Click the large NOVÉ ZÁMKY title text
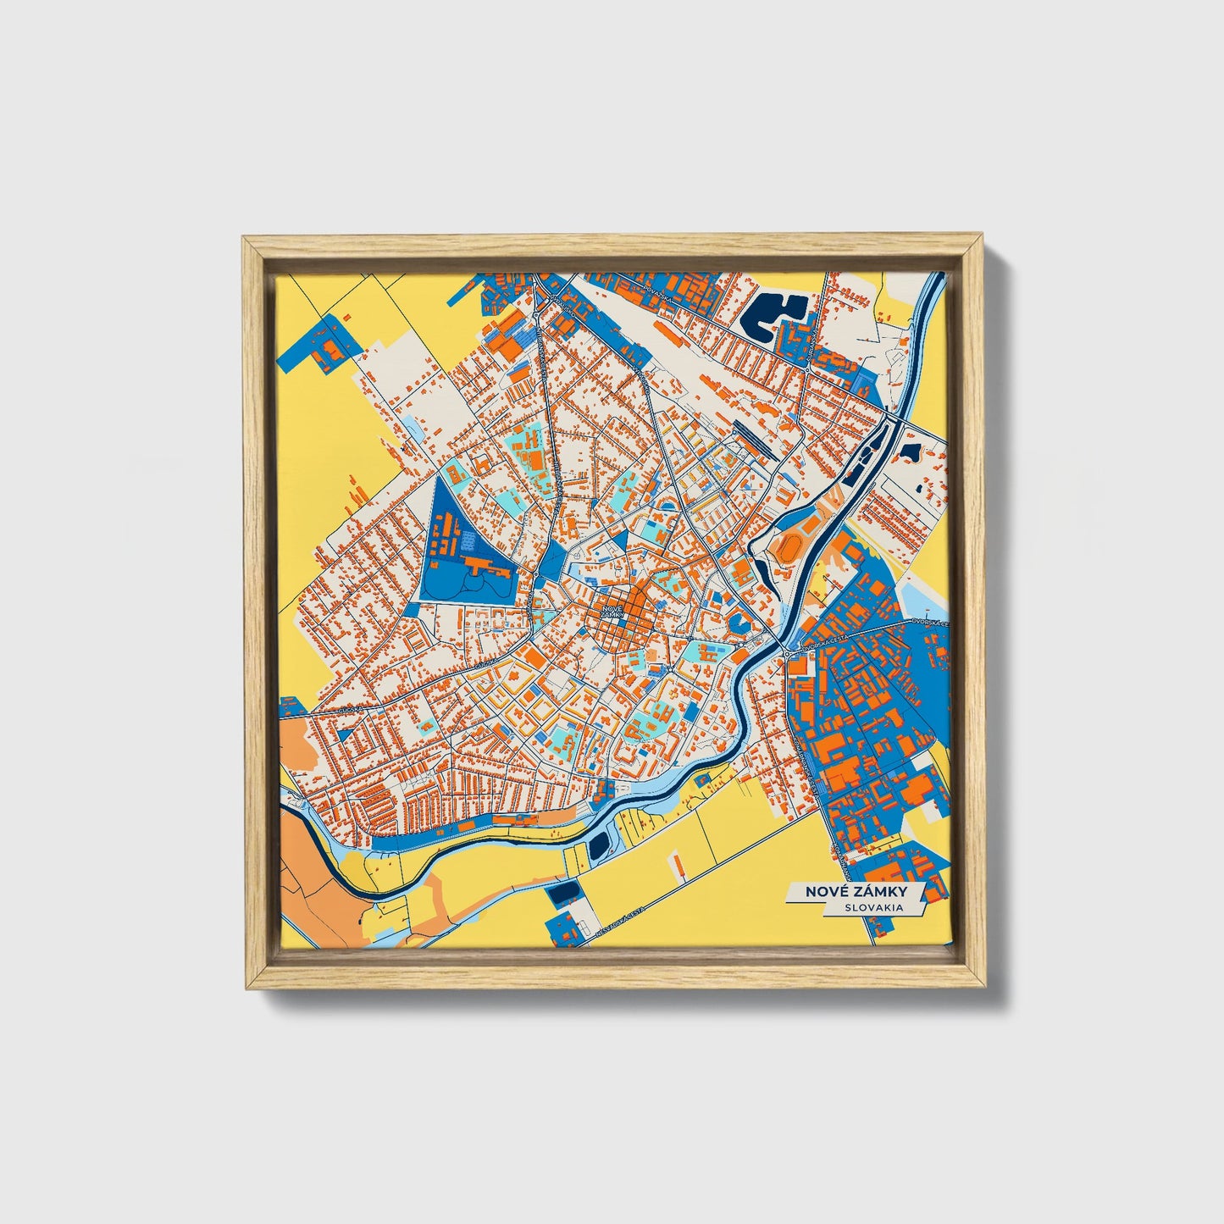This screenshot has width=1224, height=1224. click(x=856, y=892)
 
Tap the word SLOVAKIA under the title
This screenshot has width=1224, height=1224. click(x=872, y=908)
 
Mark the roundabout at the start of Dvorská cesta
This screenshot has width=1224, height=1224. click(x=788, y=654)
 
